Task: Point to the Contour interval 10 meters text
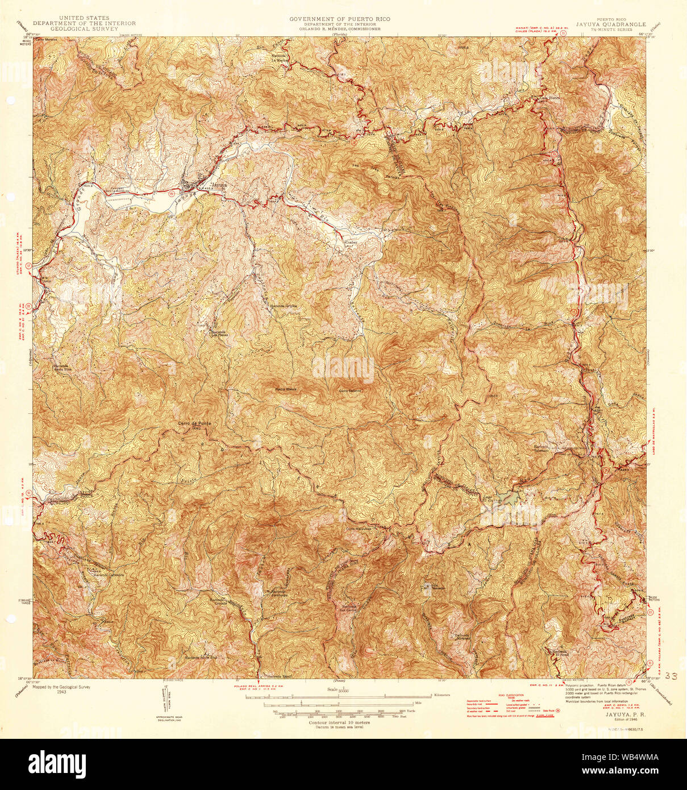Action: click(339, 722)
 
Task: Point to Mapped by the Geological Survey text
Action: click(61, 687)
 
